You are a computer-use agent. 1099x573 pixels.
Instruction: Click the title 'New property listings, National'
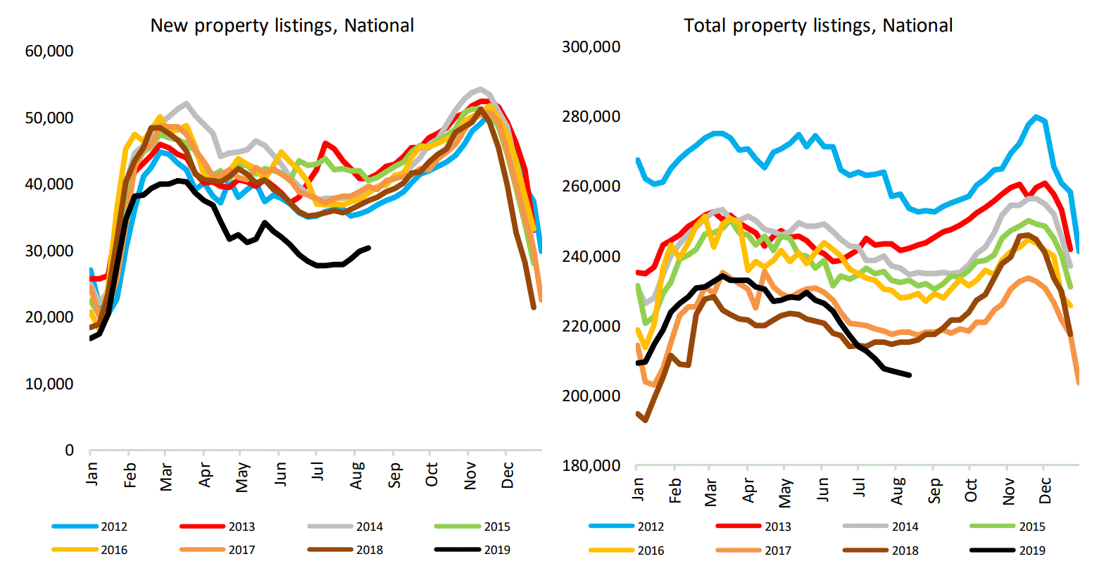pyautogui.click(x=282, y=26)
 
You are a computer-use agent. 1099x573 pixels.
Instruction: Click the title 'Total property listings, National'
pyautogui.click(x=818, y=26)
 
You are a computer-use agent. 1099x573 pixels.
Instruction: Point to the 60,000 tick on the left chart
pyautogui.click(x=49, y=51)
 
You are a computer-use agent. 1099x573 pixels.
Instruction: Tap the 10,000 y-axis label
pyautogui.click(x=49, y=384)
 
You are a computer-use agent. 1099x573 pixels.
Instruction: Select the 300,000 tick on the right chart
pyautogui.click(x=591, y=47)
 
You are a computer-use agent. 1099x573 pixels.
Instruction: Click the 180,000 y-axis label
pyautogui.click(x=591, y=466)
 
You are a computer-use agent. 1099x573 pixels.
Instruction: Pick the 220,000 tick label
pyautogui.click(x=591, y=327)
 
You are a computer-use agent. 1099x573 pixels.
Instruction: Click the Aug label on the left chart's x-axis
pyautogui.click(x=357, y=475)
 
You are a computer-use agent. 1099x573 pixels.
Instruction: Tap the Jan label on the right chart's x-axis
pyautogui.click(x=638, y=487)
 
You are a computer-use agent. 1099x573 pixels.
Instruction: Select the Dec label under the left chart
pyautogui.click(x=508, y=475)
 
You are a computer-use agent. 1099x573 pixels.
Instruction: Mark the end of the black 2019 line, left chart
pyautogui.click(x=369, y=248)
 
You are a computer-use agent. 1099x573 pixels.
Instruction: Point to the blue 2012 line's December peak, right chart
pyautogui.click(x=1036, y=117)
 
